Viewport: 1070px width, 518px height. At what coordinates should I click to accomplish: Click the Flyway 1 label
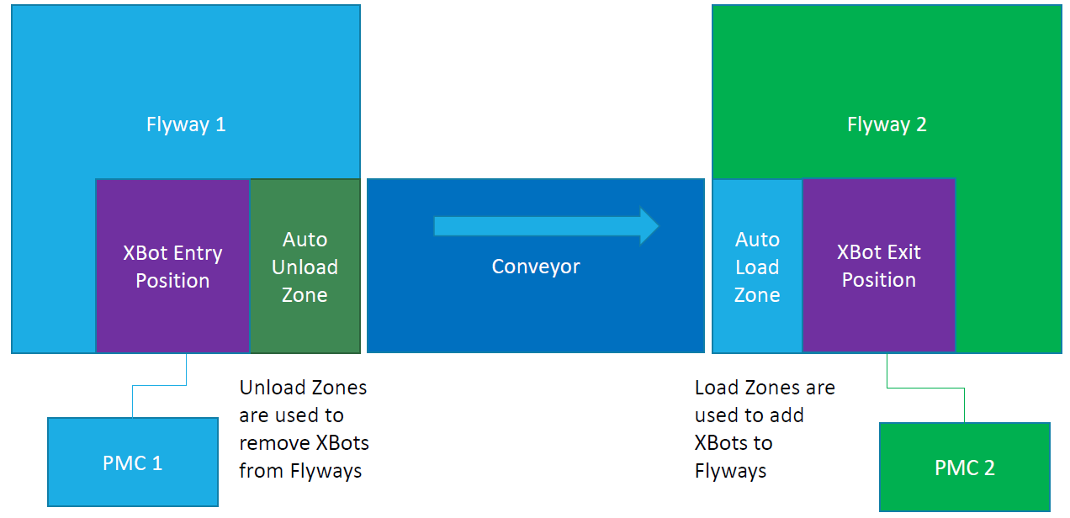(x=186, y=124)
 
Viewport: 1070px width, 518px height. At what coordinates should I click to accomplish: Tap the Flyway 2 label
(x=887, y=124)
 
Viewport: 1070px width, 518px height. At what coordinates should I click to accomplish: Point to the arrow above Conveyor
(x=538, y=225)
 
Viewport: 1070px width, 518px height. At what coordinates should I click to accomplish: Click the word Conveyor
(x=536, y=267)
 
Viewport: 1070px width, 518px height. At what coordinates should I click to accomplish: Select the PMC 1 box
(x=132, y=462)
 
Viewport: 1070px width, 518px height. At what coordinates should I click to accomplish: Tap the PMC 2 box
(x=964, y=468)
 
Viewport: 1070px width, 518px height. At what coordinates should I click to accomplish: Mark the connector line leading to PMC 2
(x=925, y=388)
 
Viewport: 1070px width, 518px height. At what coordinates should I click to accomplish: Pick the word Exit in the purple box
(x=903, y=252)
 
